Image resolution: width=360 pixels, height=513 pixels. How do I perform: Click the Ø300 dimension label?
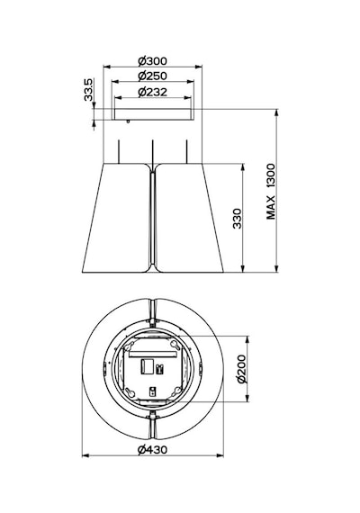(x=152, y=61)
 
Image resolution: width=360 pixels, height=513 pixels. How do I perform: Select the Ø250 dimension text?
(x=152, y=76)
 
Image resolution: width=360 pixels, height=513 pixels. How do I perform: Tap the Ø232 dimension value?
(x=152, y=92)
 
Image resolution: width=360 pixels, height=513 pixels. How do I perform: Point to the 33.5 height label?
(x=88, y=90)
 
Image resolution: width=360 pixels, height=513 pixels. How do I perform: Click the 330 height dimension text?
(x=238, y=219)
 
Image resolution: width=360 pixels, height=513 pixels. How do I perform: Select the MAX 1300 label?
(x=271, y=192)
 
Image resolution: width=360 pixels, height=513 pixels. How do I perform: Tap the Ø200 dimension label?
(x=242, y=369)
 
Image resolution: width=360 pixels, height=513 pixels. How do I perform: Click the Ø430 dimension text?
(x=152, y=450)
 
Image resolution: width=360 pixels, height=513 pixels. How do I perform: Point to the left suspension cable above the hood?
(x=119, y=151)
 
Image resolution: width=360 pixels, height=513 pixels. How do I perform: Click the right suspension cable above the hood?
(x=186, y=151)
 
